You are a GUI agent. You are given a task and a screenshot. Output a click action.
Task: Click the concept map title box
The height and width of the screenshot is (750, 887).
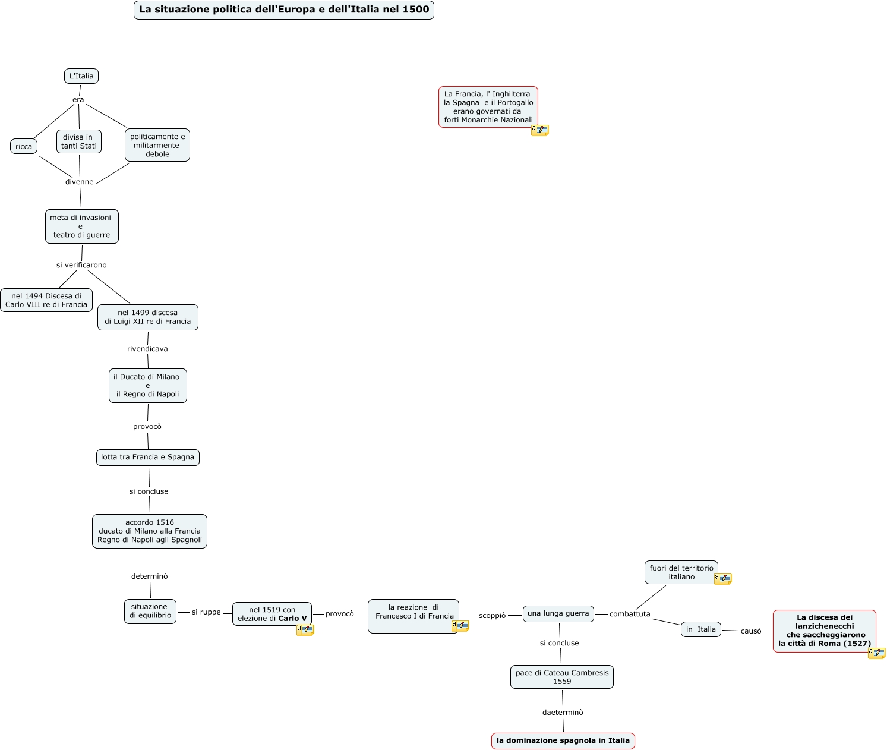click(284, 10)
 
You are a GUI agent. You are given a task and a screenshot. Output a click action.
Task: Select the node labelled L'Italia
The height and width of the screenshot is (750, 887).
click(81, 76)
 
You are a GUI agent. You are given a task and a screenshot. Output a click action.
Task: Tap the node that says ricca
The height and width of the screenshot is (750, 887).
click(24, 146)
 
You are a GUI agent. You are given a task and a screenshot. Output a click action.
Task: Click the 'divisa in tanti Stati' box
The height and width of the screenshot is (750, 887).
click(79, 141)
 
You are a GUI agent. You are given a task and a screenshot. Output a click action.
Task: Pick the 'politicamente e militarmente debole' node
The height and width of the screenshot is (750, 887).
click(157, 145)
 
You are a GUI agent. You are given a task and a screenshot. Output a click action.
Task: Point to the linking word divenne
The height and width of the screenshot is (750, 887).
click(80, 182)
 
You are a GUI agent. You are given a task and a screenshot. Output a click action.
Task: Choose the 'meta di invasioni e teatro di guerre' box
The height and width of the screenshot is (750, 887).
click(82, 226)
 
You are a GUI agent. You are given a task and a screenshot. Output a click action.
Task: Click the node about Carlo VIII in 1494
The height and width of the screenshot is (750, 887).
click(46, 300)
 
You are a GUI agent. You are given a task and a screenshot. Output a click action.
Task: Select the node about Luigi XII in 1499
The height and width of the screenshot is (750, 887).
click(148, 317)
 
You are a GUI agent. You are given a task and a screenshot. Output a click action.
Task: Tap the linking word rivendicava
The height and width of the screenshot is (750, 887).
click(147, 349)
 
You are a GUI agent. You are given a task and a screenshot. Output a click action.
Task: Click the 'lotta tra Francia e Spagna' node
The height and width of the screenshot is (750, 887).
click(148, 458)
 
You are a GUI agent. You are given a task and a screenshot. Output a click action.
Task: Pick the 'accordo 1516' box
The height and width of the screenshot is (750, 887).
click(150, 531)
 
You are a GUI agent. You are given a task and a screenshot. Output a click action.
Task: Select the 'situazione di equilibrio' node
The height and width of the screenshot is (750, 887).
click(150, 612)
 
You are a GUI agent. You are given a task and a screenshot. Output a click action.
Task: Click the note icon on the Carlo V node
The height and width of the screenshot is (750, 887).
click(305, 629)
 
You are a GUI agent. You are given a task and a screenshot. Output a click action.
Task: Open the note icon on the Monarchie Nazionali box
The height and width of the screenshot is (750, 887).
click(539, 130)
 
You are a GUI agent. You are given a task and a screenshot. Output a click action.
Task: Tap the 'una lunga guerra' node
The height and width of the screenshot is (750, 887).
click(558, 614)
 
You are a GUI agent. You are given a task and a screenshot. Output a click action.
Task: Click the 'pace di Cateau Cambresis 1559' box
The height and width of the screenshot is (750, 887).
click(562, 677)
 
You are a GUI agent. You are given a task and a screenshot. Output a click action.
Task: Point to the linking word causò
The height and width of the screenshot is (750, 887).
click(751, 631)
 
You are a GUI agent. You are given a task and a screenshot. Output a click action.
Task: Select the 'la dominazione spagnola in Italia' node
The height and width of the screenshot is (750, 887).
click(563, 741)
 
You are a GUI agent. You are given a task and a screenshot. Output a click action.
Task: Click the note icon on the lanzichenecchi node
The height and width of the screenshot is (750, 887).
click(876, 653)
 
